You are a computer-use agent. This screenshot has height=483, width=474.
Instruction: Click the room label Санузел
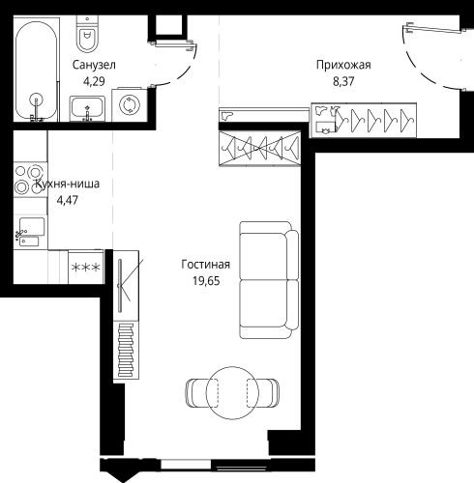coord(94,65)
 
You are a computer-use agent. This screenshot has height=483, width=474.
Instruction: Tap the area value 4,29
coord(94,81)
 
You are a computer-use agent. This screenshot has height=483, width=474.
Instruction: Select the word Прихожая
coord(343,65)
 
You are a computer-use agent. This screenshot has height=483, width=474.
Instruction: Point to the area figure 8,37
coord(343,81)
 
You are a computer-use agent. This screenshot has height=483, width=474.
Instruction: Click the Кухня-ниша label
coord(67,184)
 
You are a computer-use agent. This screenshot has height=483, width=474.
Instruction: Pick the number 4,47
coord(68,200)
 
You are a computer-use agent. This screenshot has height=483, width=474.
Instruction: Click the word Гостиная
coord(206,265)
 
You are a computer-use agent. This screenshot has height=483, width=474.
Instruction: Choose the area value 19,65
coord(206,281)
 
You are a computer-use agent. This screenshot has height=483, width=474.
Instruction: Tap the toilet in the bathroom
coord(87,34)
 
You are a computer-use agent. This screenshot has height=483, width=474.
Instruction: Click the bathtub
coord(37,71)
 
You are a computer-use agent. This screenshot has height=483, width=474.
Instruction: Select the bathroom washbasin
coord(87,108)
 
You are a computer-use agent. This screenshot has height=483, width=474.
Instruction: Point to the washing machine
coord(130,104)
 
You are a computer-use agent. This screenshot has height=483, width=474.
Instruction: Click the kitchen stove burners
coord(30,180)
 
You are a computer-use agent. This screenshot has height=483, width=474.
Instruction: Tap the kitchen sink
coord(31,232)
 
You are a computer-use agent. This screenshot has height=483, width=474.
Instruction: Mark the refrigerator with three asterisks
coord(86,267)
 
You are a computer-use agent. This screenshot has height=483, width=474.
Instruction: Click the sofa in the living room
coord(269,280)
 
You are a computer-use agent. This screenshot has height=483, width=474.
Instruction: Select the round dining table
coord(232,393)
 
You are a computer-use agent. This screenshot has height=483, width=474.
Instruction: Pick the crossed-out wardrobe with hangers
coord(259,148)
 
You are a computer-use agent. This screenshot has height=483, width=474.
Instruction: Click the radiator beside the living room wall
coord(126,350)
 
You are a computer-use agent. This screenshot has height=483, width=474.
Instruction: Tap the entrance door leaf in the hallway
coord(434,29)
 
